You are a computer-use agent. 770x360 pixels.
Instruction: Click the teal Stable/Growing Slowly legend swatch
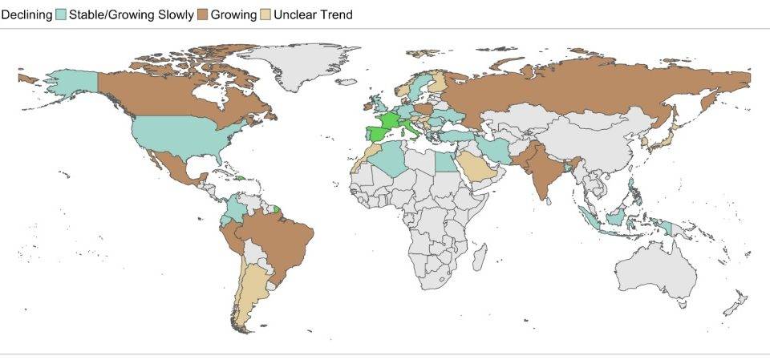[60, 14]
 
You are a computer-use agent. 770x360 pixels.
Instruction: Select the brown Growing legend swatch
[202, 14]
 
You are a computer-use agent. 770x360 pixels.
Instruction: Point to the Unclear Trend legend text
[312, 14]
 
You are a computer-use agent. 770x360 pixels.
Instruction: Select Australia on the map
[654, 273]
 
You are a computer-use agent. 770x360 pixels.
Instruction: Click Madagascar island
[480, 258]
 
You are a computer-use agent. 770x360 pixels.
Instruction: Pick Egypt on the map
[445, 161]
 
